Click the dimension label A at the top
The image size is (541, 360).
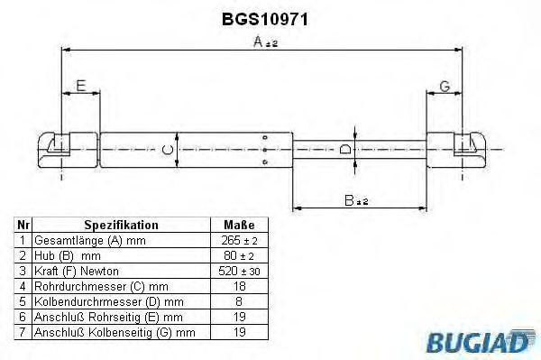click(261, 42)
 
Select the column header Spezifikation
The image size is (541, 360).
click(121, 225)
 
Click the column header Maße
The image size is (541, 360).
click(238, 225)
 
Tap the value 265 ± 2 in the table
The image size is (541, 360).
click(238, 241)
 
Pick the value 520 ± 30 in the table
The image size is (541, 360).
click(238, 270)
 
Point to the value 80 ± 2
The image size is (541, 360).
click(238, 255)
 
